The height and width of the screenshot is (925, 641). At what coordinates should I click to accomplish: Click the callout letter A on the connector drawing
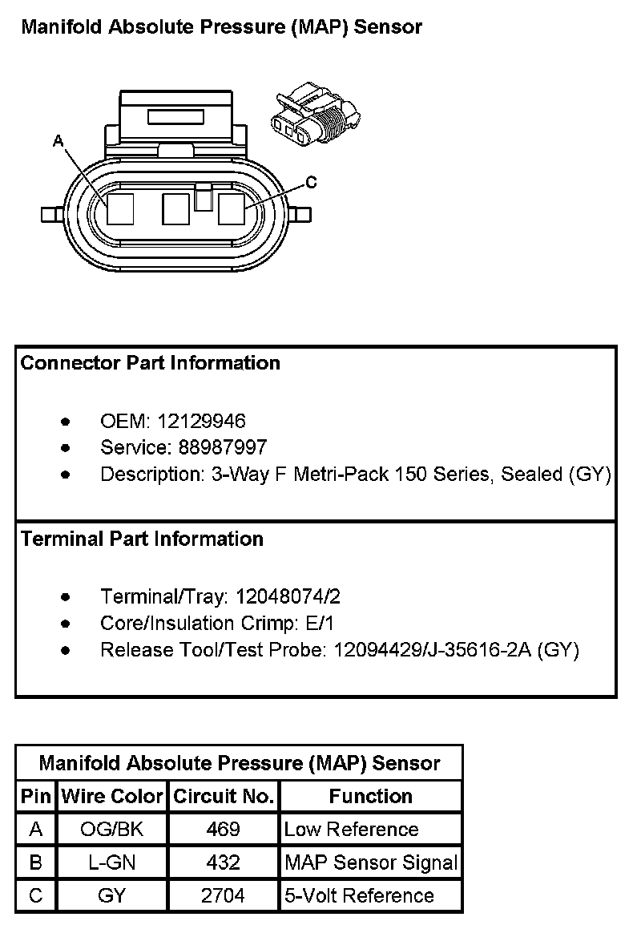pos(58,141)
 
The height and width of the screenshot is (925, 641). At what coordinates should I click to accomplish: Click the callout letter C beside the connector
pos(311,183)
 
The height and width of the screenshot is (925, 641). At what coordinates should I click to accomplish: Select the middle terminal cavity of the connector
pos(175,209)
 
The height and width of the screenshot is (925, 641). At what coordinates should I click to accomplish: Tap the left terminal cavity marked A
pos(120,209)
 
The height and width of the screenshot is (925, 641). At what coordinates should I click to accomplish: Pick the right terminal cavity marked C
pos(232,209)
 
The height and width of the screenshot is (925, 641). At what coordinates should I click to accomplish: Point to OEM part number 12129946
pos(201,421)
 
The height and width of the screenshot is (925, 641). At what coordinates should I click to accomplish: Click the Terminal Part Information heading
pos(142,539)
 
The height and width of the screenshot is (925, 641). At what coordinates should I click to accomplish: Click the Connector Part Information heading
pos(151,363)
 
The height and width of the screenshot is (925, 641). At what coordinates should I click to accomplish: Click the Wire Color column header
pos(112,797)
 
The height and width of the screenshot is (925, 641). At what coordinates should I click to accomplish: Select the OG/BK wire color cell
pos(112,830)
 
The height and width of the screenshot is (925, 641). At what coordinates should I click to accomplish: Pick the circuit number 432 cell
pos(223,862)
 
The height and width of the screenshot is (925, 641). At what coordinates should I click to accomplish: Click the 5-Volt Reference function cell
pos(359,895)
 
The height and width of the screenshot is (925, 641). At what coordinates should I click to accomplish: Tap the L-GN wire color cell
pos(112,862)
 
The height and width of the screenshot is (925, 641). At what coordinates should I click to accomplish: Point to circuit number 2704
pos(223,895)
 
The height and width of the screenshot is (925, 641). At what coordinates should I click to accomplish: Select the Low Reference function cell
pos(351,830)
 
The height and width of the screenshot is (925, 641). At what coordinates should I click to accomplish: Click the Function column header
pos(370,797)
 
